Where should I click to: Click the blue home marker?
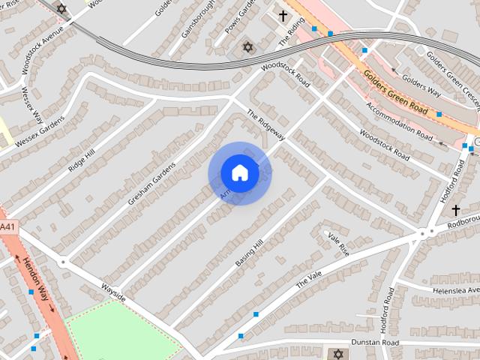point(239,173)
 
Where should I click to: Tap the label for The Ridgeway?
point(266,125)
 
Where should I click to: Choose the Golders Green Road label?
point(395,92)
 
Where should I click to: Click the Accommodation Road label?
point(400,120)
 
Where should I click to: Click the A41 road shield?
point(7,227)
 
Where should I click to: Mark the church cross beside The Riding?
point(283,16)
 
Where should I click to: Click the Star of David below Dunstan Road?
point(337,354)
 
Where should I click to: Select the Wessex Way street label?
point(31,106)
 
